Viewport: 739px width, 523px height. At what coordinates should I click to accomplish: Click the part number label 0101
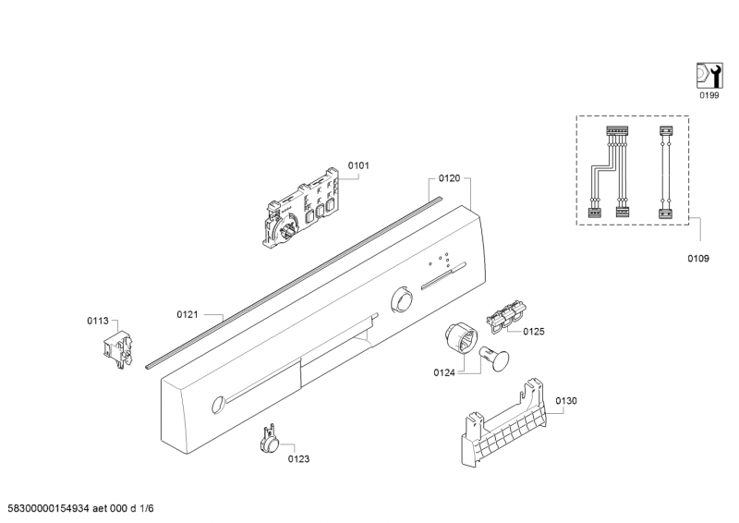click(x=358, y=165)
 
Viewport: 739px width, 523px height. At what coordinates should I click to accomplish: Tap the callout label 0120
click(x=449, y=178)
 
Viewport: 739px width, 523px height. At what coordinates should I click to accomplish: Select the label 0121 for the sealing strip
click(x=188, y=314)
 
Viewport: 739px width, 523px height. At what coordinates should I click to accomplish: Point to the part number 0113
click(x=98, y=321)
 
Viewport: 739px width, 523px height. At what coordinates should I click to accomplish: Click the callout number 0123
click(x=298, y=459)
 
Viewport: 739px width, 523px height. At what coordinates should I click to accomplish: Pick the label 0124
click(x=444, y=373)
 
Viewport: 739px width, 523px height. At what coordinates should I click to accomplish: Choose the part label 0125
click(x=534, y=332)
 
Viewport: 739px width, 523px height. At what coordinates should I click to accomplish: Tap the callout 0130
click(x=565, y=401)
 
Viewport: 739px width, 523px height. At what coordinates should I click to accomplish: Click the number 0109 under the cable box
click(x=698, y=259)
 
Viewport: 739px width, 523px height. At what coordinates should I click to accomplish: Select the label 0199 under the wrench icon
click(x=709, y=96)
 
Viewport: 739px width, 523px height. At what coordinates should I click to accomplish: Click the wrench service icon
click(x=709, y=76)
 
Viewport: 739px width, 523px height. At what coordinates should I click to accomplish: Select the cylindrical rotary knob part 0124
click(x=461, y=338)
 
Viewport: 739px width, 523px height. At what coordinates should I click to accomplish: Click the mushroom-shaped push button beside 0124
click(x=494, y=359)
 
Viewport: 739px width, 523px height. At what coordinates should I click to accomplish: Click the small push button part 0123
click(x=270, y=441)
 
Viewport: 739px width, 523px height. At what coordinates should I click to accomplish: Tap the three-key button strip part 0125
click(x=506, y=316)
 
